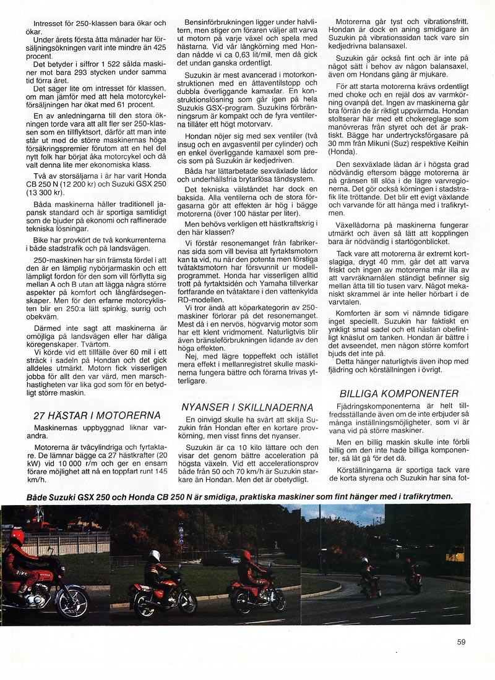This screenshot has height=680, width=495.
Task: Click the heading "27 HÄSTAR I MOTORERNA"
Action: point(97,415)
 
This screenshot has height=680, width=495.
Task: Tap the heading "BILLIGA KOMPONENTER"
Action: point(399,393)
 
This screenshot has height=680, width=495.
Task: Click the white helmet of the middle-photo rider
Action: point(154,556)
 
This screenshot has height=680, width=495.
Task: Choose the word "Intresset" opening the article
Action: point(51,23)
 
